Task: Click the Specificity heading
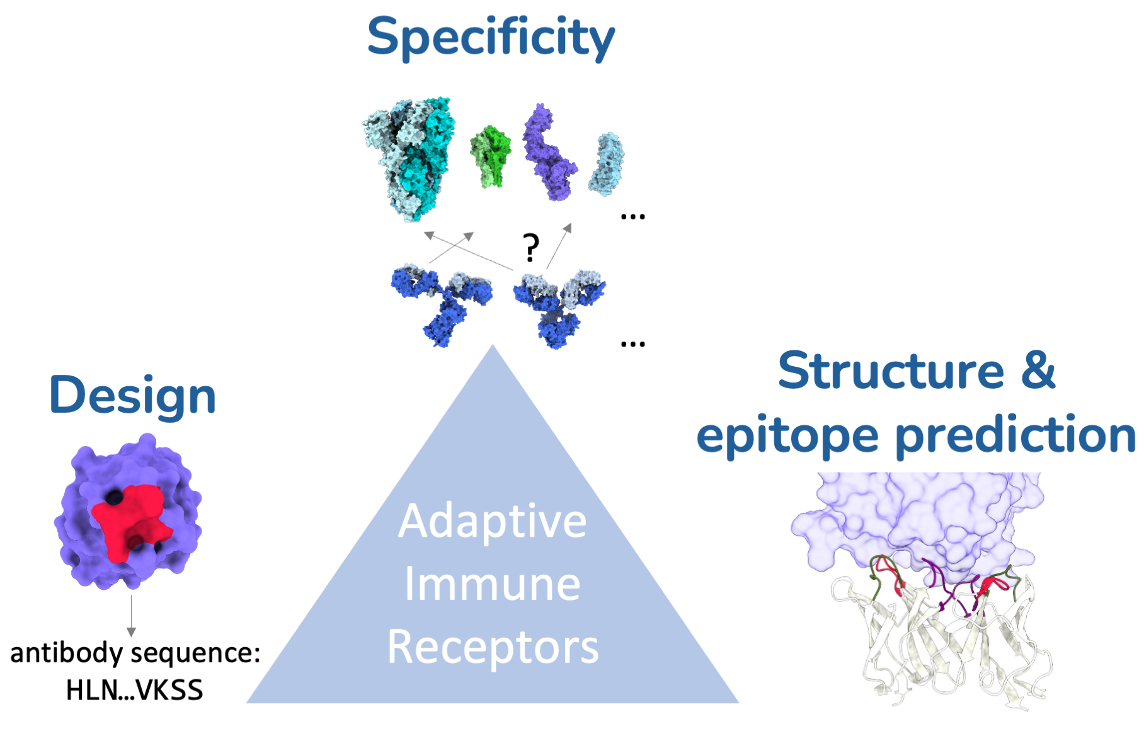[x=490, y=38]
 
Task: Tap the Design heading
[x=132, y=396]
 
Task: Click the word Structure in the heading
[x=890, y=371]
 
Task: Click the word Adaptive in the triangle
[x=492, y=522]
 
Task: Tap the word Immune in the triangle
[x=492, y=584]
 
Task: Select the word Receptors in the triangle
[x=493, y=647]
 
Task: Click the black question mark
[x=531, y=248]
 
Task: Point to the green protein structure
[x=491, y=156]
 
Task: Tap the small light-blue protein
[x=607, y=164]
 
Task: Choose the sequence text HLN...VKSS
[x=134, y=691]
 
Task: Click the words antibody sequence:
[x=135, y=653]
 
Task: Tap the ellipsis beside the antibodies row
[x=632, y=344]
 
